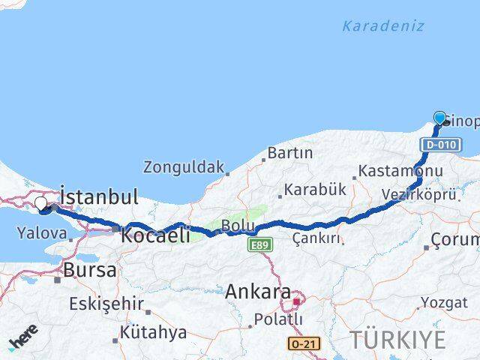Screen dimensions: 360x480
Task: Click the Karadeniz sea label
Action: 382,26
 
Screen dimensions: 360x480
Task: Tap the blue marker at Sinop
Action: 440,118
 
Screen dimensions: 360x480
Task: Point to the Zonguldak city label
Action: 184,166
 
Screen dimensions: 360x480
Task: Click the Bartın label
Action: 289,153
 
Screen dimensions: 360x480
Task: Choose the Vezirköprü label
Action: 418,194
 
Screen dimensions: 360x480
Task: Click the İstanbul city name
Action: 98,197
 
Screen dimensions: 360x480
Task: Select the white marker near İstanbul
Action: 41,203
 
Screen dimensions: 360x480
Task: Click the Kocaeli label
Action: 154,235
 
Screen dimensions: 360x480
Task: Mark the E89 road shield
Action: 260,245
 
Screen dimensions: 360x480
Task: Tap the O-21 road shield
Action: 298,343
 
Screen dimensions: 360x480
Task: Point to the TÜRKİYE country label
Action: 397,340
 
